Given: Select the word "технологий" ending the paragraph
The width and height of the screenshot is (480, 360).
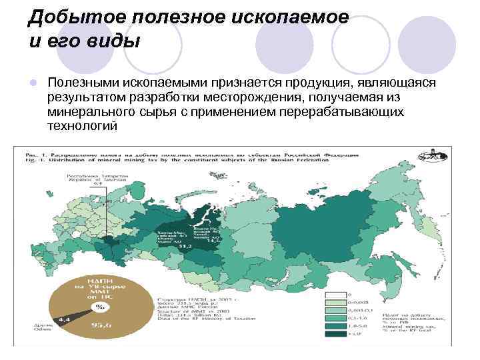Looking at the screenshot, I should tap(82, 125).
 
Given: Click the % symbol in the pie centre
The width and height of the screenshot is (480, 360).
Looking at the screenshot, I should tap(100, 307).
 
